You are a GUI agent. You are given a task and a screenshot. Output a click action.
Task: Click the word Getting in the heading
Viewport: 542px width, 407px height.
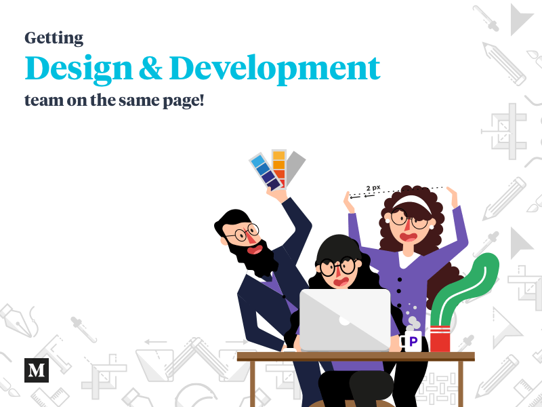tap(54, 37)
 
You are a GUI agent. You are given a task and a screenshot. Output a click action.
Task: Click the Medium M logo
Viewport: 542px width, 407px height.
tap(37, 370)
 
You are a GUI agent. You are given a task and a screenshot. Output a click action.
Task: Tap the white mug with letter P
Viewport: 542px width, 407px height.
tap(412, 341)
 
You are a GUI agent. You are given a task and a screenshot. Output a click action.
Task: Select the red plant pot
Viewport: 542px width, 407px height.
tap(440, 338)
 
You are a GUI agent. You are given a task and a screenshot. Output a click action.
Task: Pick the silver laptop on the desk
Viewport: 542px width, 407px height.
tap(345, 319)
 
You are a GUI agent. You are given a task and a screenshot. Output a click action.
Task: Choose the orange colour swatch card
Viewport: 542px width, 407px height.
tap(278, 166)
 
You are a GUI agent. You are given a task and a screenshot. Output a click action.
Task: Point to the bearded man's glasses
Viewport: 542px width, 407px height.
tap(241, 234)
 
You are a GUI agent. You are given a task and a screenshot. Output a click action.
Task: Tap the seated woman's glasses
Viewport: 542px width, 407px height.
tap(337, 266)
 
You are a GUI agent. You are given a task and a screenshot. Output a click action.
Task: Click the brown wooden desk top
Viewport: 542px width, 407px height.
tap(355, 356)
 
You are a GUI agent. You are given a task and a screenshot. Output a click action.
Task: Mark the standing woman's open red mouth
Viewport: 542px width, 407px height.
tap(409, 237)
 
